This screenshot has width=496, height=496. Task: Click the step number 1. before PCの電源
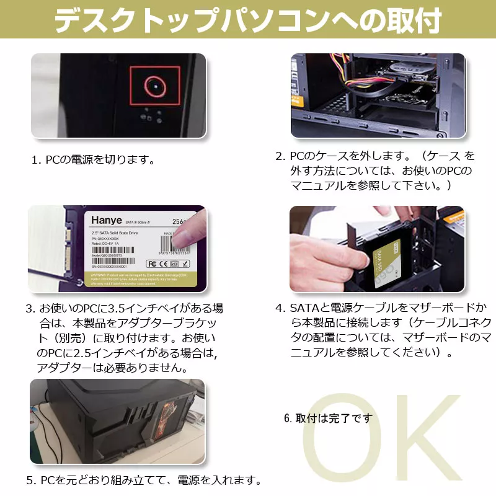[x=36, y=160]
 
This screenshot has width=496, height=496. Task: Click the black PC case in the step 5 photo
[x=118, y=422]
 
